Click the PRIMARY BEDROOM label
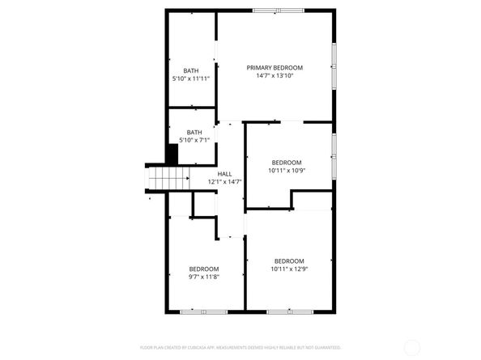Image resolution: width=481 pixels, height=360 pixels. click(x=275, y=67)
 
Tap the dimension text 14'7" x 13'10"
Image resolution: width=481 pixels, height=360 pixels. click(x=275, y=76)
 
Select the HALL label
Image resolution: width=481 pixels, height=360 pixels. click(x=224, y=173)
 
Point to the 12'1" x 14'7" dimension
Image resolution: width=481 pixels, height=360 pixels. click(x=224, y=182)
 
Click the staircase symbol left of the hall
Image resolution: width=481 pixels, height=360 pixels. click(x=168, y=177)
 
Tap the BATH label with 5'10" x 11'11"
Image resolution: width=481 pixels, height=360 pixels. click(x=190, y=70)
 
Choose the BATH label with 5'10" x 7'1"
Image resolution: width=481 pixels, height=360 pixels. click(x=194, y=132)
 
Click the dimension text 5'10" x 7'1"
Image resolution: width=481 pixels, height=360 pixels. click(x=194, y=140)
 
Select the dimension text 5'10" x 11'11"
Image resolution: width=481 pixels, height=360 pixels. click(x=190, y=79)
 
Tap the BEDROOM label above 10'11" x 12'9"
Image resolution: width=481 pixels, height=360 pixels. click(x=288, y=260)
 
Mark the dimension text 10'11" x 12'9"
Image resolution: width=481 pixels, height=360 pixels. click(x=288, y=269)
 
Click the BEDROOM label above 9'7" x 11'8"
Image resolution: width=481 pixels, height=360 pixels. click(x=204, y=269)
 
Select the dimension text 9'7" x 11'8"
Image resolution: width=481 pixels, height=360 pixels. click(x=204, y=277)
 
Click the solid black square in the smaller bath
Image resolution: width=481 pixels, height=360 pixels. click(x=172, y=151)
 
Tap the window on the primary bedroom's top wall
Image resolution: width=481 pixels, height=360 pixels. click(x=279, y=11)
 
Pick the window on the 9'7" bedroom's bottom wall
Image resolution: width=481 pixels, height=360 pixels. click(x=204, y=311)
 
